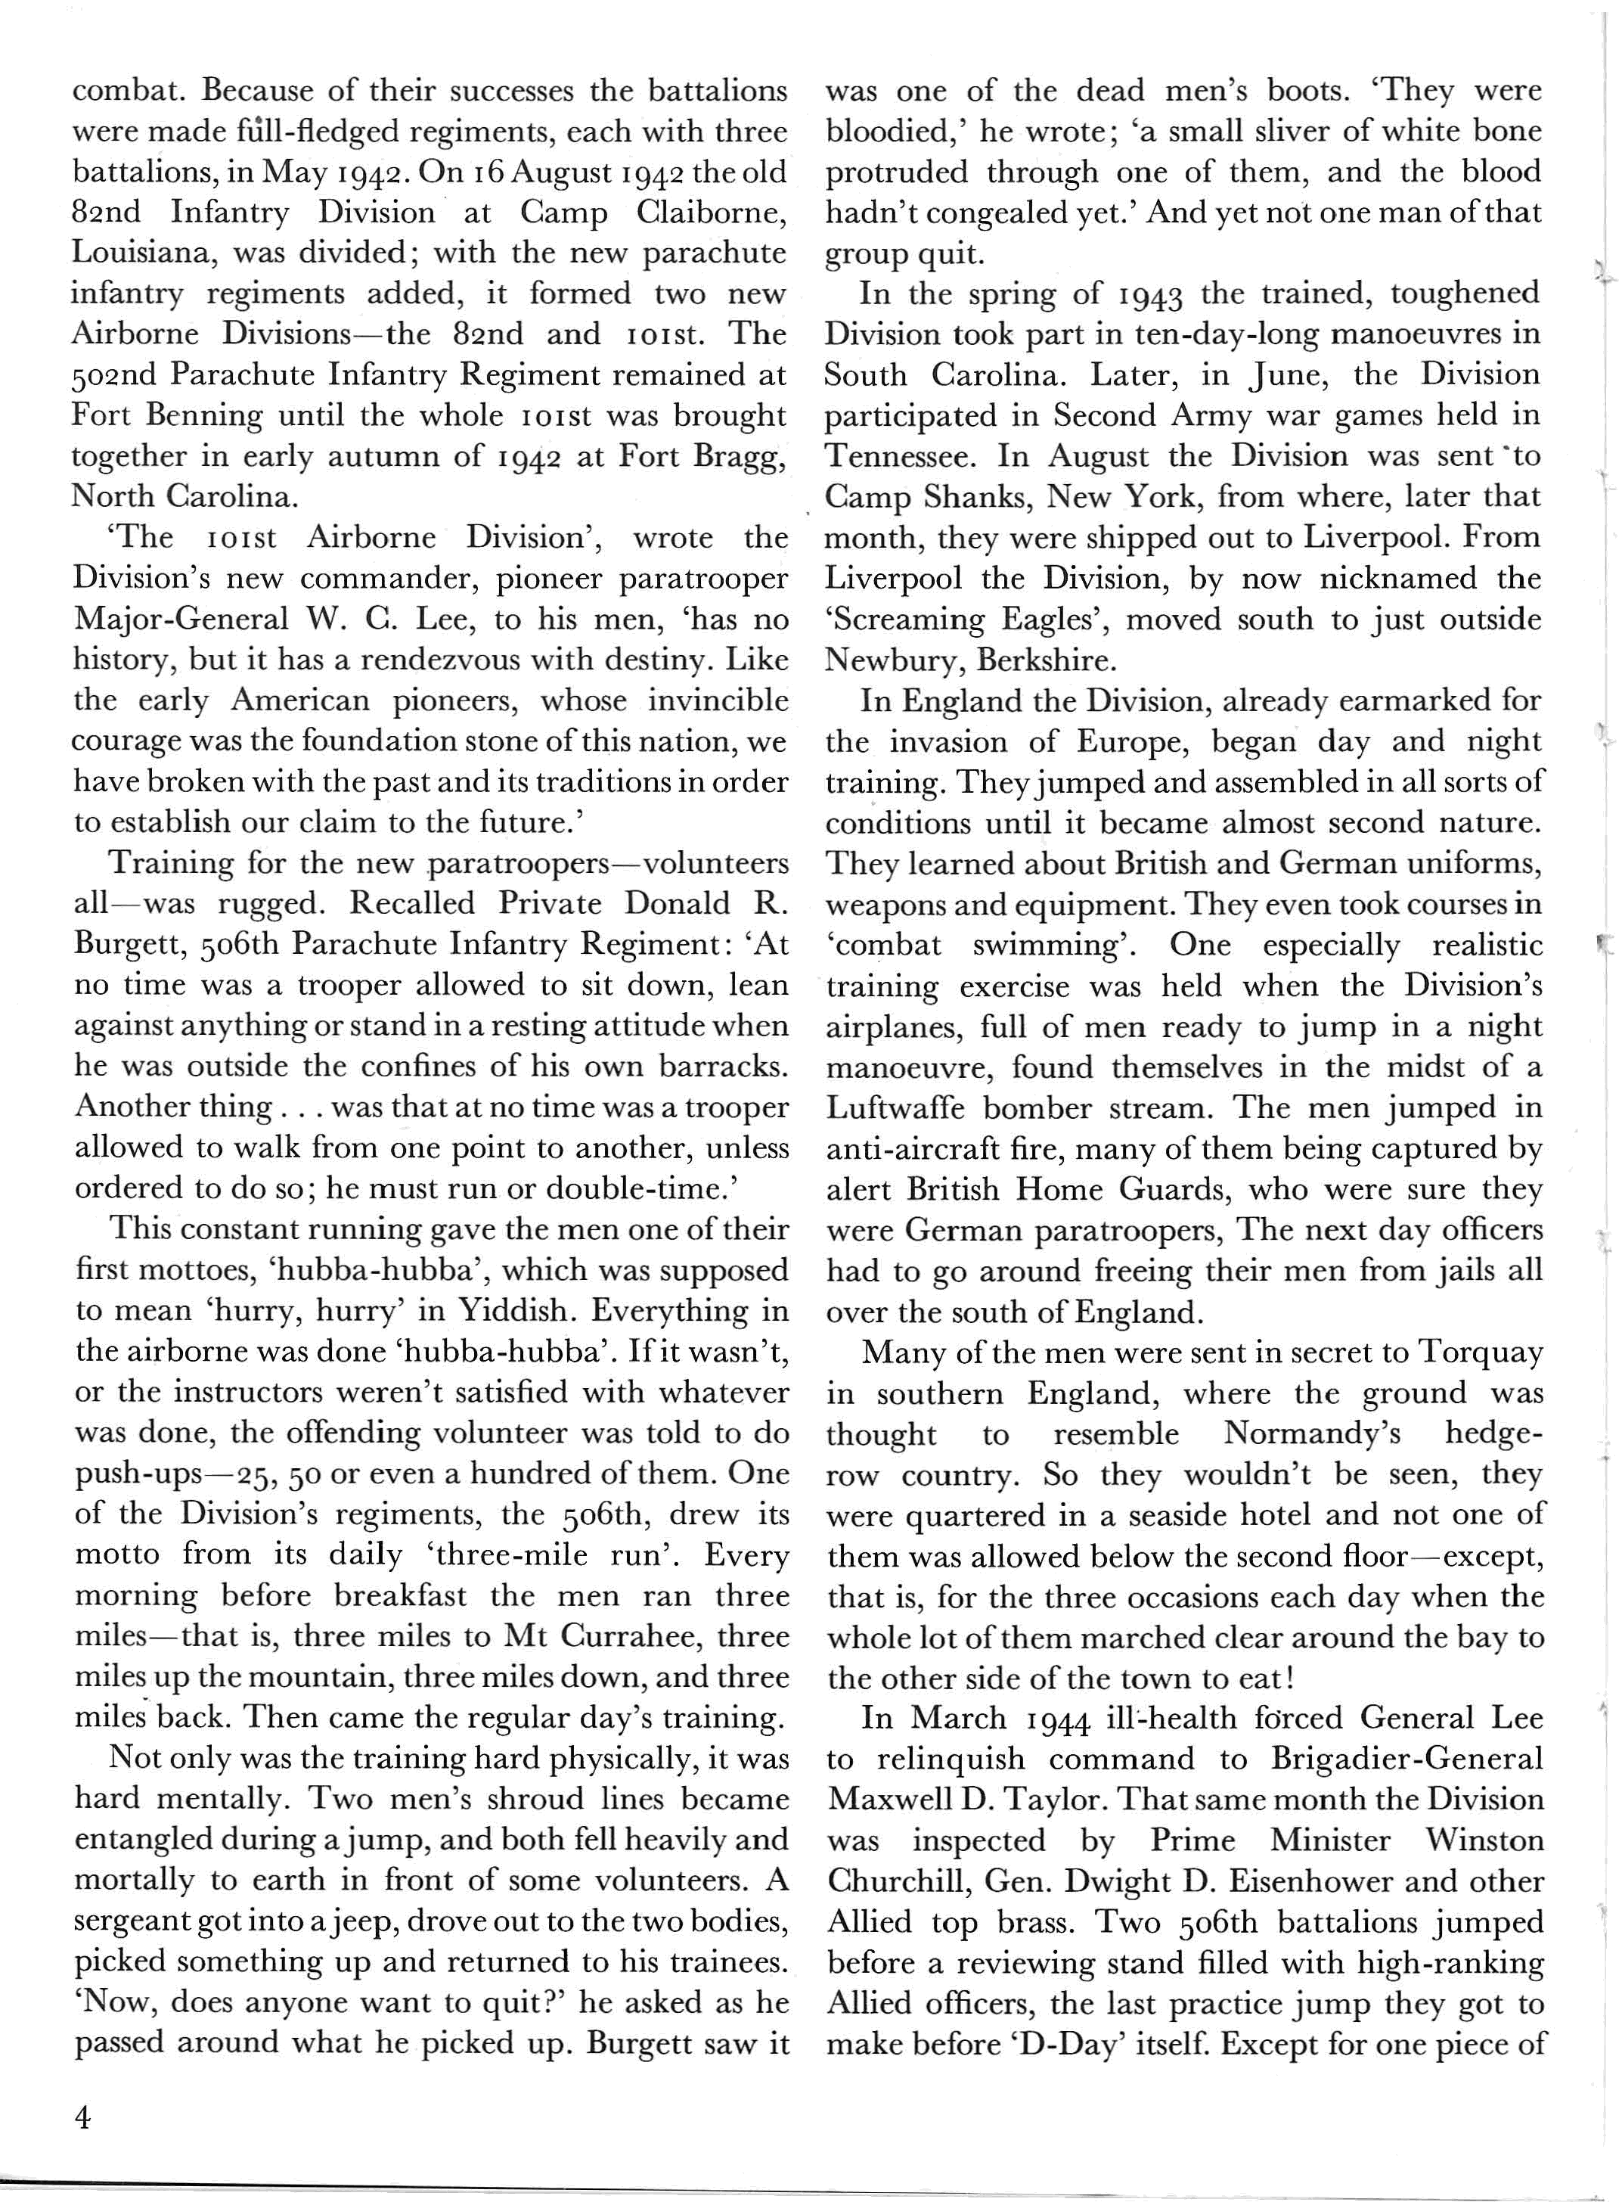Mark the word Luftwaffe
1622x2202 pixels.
(x=895, y=1109)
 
